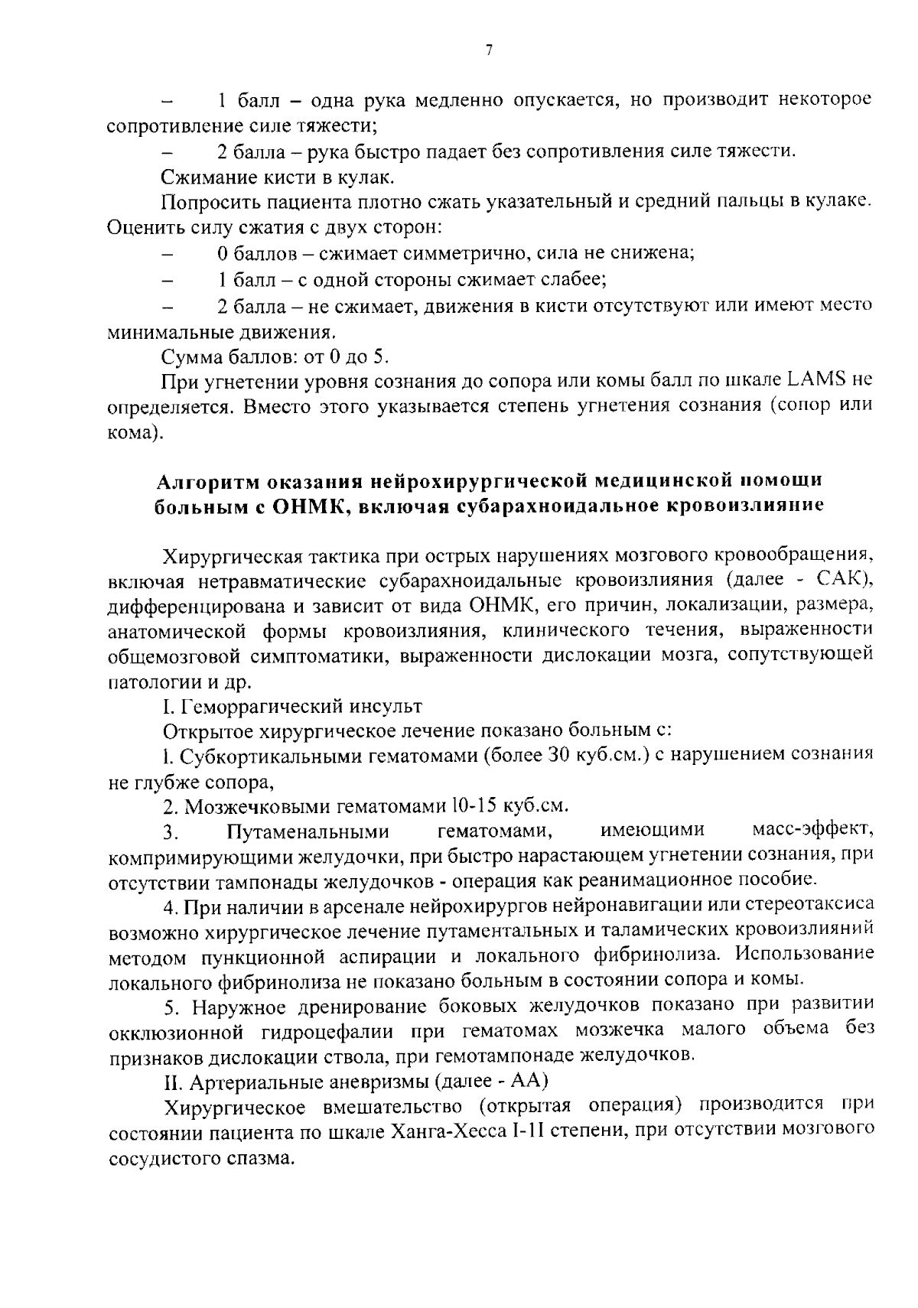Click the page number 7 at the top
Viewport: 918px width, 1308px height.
tap(489, 50)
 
